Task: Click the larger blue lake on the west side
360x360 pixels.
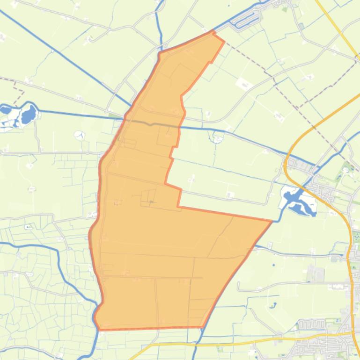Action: click(29, 114)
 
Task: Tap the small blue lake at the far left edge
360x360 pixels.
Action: click(5, 110)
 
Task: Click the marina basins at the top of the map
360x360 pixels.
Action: click(248, 19)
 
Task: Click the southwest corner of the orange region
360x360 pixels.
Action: click(99, 329)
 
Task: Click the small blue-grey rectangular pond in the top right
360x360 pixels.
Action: click(301, 26)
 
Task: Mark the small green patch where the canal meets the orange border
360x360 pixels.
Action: click(115, 115)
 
